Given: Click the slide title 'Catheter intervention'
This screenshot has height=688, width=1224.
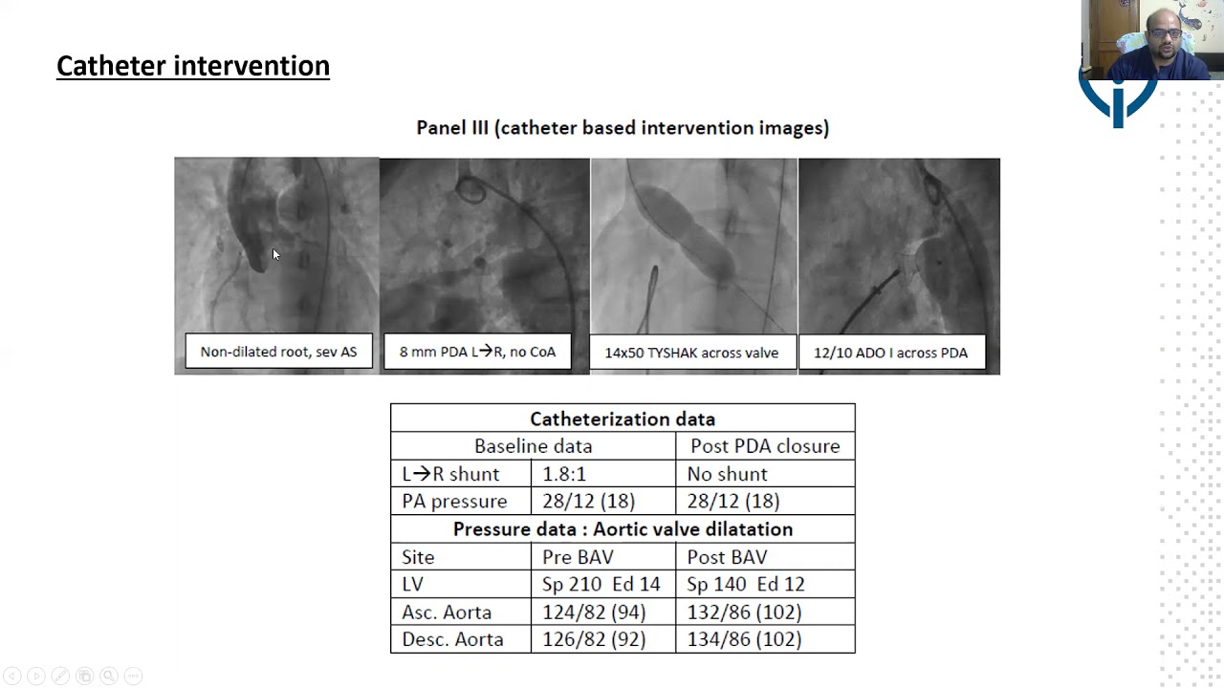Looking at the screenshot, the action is (193, 66).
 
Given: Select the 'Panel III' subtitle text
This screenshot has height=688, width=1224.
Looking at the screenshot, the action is (623, 128).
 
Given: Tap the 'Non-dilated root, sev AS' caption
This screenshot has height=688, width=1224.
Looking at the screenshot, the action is (278, 351).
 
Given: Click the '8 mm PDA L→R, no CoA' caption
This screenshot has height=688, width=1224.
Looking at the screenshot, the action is (477, 352).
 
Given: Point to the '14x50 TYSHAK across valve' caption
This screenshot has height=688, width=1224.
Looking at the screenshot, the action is (691, 353).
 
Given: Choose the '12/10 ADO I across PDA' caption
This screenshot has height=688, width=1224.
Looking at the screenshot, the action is (890, 353).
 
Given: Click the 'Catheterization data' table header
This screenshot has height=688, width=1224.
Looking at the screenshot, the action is (623, 419).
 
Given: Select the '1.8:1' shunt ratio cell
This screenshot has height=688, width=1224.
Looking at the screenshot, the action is (564, 474).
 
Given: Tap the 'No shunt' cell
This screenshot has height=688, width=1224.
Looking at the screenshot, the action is (728, 474).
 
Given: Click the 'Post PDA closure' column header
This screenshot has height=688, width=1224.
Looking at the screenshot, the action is (765, 446).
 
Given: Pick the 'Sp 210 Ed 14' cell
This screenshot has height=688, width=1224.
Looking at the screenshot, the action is (601, 584).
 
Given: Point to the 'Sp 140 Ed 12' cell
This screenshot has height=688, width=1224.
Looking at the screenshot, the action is (746, 584).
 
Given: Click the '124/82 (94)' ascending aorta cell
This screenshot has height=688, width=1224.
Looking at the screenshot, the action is (594, 613).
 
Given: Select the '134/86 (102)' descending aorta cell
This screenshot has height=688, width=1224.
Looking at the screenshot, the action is (744, 639).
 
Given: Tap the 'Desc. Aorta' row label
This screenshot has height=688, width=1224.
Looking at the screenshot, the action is (452, 639).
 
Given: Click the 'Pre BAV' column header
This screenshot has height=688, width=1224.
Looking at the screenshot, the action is (578, 557).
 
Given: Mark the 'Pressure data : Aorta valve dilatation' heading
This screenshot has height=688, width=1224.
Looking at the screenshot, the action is (623, 529).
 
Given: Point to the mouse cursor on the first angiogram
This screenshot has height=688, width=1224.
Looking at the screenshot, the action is (276, 254).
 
